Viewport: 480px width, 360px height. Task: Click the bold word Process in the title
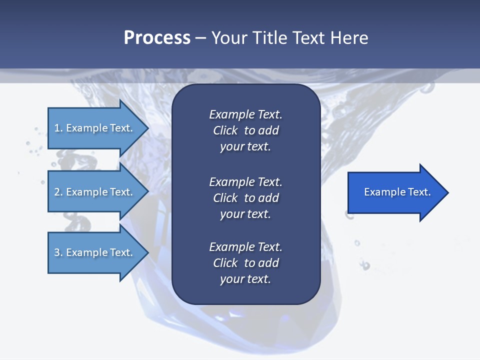157,38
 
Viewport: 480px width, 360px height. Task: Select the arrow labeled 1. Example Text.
95,128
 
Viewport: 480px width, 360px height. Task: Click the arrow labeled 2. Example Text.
95,192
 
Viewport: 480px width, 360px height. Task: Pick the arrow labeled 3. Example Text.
95,252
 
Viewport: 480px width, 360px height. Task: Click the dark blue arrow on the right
395,192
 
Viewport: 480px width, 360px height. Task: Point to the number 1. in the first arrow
58,128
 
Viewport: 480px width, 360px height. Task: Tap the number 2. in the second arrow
58,192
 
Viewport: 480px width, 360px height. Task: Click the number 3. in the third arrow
58,252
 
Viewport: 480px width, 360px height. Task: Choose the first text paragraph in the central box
245,130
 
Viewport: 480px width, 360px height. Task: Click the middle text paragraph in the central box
245,198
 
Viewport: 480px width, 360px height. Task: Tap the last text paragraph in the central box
245,263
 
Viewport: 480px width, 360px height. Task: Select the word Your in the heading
228,38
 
